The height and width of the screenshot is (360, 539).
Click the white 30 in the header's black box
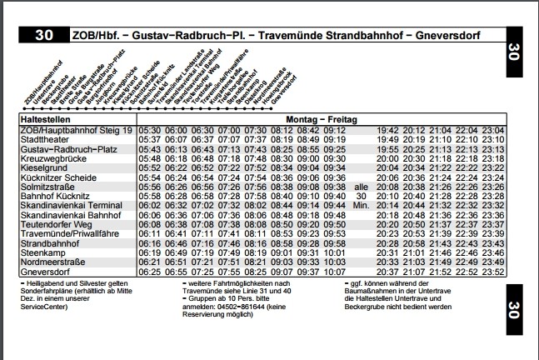click(x=46, y=36)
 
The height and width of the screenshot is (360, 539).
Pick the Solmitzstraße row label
click(x=48, y=187)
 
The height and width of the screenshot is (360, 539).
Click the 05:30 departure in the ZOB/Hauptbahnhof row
click(x=150, y=130)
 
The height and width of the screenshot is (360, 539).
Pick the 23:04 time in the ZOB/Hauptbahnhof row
click(x=494, y=130)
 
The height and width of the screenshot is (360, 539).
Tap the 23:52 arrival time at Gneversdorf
click(x=494, y=272)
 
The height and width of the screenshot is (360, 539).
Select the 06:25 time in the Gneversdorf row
click(x=150, y=272)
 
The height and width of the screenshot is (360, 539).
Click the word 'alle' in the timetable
click(x=361, y=187)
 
